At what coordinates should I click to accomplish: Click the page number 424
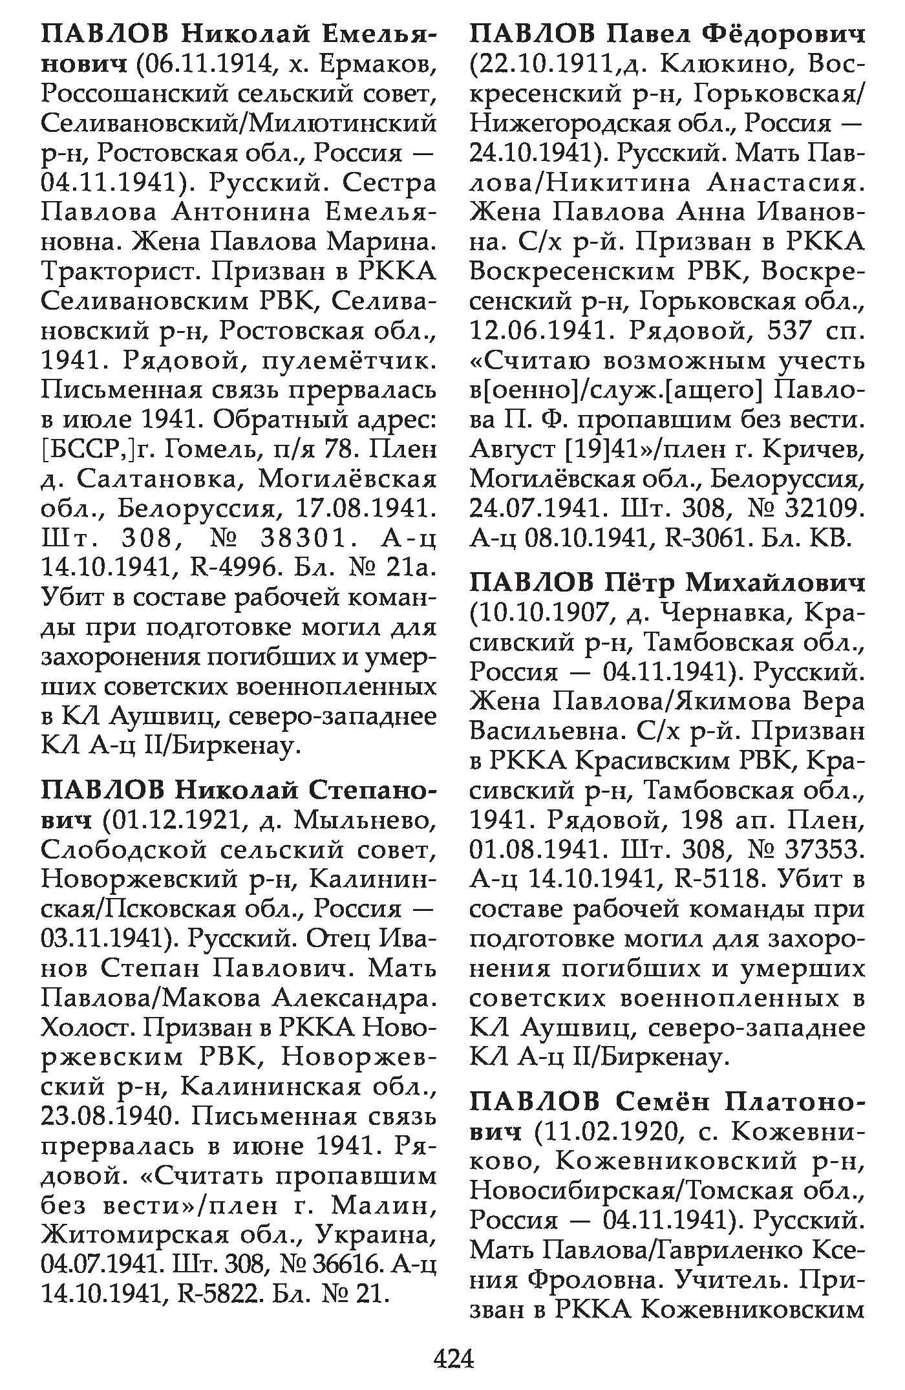click(454, 1358)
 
